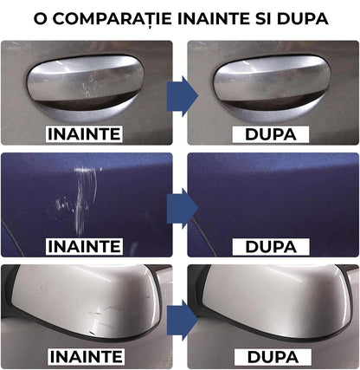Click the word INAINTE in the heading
tap(208, 17)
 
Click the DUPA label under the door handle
tap(271, 133)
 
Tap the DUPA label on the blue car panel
tap(271, 246)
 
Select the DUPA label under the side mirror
tap(271, 356)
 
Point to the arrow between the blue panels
tap(180, 204)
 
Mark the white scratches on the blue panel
tap(85, 195)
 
